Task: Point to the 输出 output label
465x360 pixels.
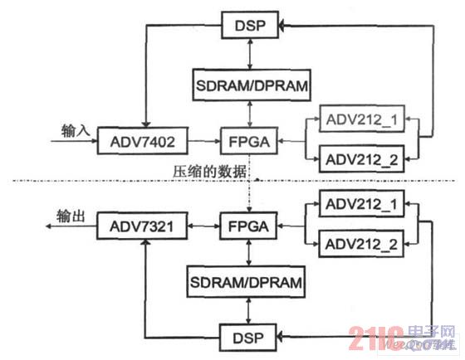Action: pos(71,216)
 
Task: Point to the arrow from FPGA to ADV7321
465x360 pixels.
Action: pos(203,223)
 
